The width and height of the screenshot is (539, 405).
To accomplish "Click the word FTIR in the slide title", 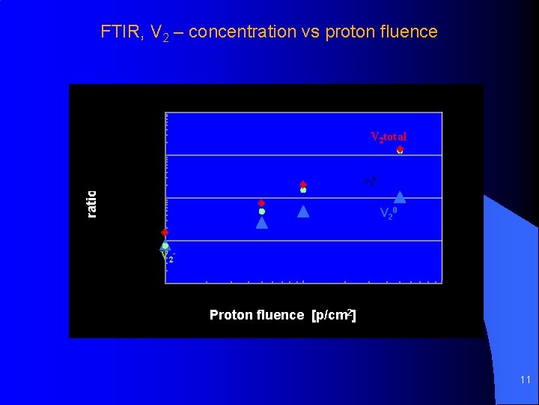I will coord(121,31).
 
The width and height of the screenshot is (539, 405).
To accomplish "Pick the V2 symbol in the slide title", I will coord(161,32).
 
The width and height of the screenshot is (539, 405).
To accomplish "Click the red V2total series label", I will coord(389,136).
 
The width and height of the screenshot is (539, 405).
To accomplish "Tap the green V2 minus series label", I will coord(167,256).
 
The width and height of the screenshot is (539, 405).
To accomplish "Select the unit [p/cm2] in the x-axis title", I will coord(333,315).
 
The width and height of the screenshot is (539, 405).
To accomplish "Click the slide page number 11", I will coord(525,380).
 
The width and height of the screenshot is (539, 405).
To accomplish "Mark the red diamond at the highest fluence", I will coord(400,149).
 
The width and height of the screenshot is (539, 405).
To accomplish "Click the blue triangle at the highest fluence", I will coord(400,197).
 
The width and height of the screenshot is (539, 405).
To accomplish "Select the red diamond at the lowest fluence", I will coord(165,232).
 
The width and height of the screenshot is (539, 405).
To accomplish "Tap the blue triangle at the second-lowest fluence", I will coord(262,222).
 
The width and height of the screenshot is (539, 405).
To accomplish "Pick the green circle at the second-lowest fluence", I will coord(262,211).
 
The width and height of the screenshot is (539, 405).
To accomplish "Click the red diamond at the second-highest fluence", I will coord(303,184).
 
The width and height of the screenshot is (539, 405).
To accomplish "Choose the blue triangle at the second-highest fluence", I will coord(303,211).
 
